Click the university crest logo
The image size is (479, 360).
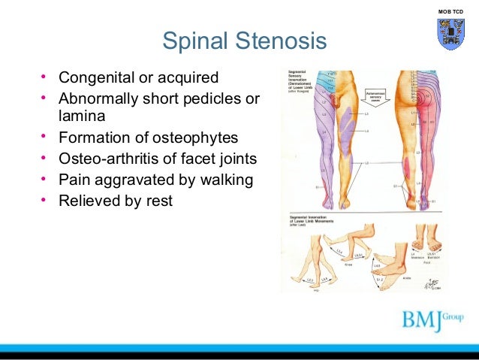coord(450,34)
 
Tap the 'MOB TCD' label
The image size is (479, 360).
coord(450,10)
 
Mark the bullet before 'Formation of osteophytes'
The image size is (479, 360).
coord(44,138)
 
